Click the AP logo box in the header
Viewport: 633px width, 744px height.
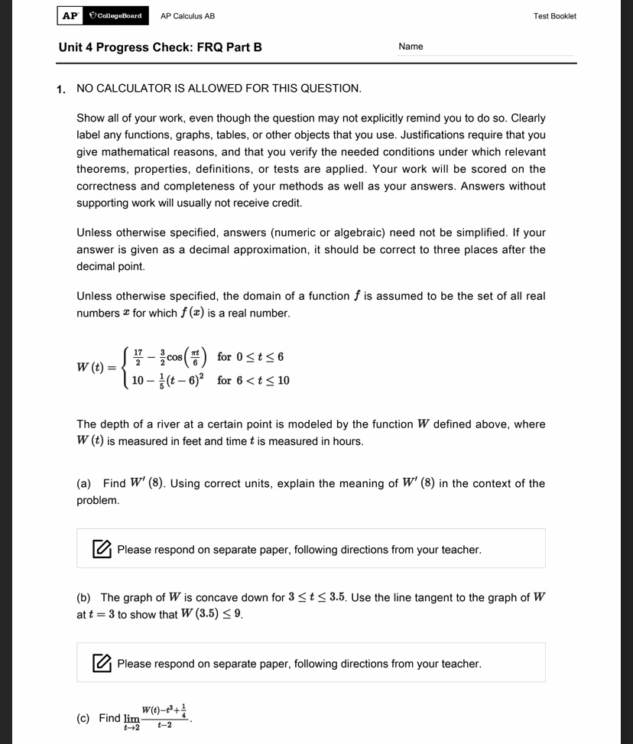click(x=70, y=15)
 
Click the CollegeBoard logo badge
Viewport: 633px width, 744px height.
click(x=115, y=15)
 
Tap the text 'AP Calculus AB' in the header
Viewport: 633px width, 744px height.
click(x=187, y=16)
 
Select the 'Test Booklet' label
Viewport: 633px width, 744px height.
click(x=555, y=16)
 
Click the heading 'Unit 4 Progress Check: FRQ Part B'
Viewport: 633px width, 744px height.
click(x=160, y=47)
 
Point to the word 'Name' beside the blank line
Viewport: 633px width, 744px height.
click(x=411, y=47)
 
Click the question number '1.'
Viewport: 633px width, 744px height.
click(x=61, y=89)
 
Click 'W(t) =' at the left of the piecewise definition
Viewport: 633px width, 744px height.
click(x=96, y=369)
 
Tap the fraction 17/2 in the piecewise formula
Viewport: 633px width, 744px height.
click(x=138, y=356)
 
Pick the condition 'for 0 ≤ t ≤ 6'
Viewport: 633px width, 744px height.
click(x=250, y=357)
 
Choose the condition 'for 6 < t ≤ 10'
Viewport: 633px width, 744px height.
click(x=253, y=380)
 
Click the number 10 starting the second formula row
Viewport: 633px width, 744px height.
click(x=138, y=380)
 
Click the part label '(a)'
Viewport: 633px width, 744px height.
click(x=84, y=483)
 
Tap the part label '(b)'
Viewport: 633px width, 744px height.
click(x=84, y=598)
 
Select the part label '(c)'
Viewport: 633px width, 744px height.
click(x=84, y=718)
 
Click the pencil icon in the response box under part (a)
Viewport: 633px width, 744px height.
click(x=101, y=549)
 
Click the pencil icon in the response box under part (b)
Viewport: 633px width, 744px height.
click(x=101, y=663)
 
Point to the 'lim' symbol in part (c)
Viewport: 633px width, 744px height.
click(x=132, y=719)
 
